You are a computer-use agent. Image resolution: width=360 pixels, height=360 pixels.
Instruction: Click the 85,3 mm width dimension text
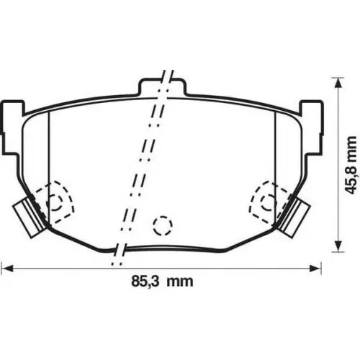click(x=162, y=281)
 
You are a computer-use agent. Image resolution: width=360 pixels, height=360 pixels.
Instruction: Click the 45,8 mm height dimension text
click(x=351, y=165)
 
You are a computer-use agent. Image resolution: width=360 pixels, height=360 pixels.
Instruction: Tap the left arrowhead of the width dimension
click(x=7, y=268)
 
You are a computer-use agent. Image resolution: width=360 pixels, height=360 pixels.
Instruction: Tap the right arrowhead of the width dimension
click(x=315, y=268)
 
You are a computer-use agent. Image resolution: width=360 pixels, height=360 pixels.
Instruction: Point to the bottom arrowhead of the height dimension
click(x=338, y=246)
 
